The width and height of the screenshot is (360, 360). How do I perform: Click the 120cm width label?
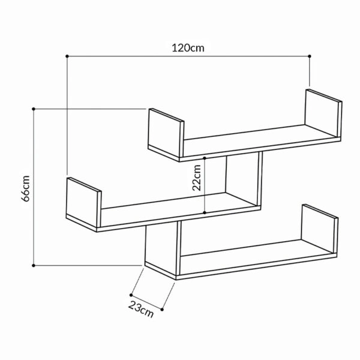[188, 48]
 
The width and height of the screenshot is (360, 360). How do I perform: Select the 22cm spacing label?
[197, 178]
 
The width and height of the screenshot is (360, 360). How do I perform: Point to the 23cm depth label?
[141, 309]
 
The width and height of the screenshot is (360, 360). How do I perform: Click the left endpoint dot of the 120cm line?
[67, 56]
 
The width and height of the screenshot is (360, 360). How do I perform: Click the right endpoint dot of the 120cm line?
[310, 56]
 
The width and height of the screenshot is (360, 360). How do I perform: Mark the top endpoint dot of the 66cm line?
[34, 109]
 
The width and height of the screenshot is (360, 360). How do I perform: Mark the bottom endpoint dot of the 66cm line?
[34, 265]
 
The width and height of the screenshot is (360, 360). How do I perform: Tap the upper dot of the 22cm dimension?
[205, 158]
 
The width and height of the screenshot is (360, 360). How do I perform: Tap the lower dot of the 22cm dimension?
[205, 212]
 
